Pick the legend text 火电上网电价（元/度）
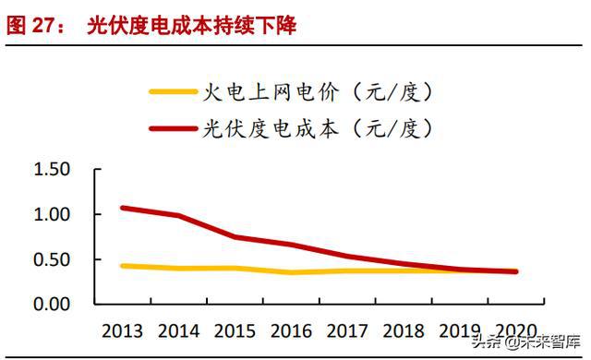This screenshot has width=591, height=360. tap(317, 91)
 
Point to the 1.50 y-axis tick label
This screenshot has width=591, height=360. tap(52, 170)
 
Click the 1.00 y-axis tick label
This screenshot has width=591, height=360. tap(52, 214)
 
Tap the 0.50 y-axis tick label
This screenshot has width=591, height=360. tap(52, 259)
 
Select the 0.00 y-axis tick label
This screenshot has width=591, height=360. tap(52, 304)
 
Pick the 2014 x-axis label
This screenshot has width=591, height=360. tap(180, 330)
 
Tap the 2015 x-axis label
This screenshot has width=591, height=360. tap(236, 330)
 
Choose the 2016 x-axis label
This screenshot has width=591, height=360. tap(293, 330)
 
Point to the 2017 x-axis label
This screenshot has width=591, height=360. tap(349, 330)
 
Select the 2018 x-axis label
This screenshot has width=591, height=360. tap(405, 330)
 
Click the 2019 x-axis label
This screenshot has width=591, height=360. tap(462, 330)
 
